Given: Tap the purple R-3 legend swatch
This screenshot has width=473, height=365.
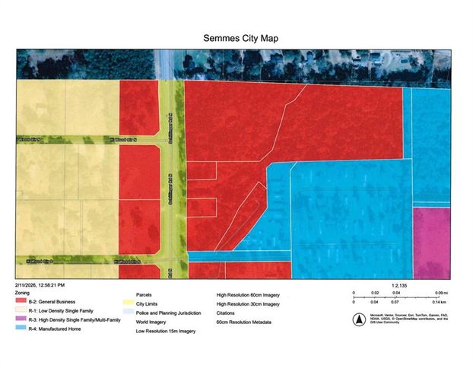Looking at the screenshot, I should pos(20,321).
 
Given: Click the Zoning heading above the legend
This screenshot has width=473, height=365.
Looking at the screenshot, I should pos(23,292).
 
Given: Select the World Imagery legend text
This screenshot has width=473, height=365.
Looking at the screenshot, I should pos(152,321).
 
